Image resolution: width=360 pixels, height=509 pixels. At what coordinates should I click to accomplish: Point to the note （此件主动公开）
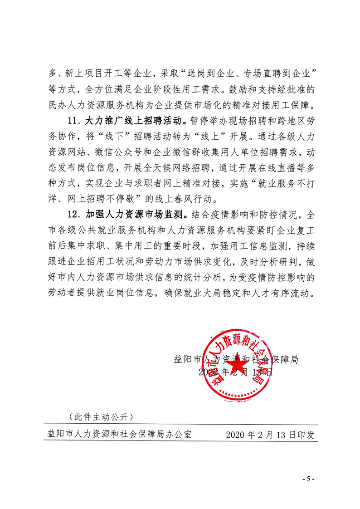(x=99, y=416)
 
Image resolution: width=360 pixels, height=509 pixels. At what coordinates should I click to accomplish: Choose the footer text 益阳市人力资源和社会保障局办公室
(x=119, y=434)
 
